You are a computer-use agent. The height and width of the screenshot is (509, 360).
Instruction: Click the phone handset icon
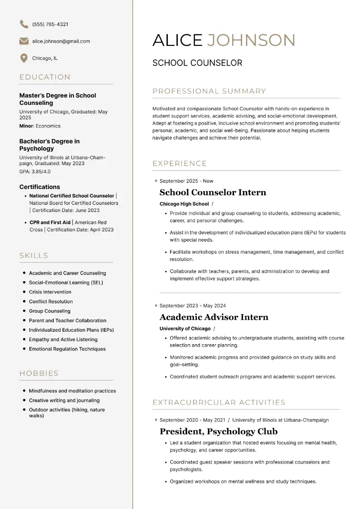point(24,24)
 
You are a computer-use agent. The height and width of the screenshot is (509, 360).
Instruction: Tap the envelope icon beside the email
point(24,41)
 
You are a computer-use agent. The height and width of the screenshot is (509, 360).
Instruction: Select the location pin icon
point(24,58)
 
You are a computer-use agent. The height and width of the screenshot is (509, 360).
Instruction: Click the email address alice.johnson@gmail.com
point(61,41)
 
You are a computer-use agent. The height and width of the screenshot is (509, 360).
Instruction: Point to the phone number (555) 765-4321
point(50,24)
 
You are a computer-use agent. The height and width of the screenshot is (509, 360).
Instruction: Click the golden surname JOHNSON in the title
point(251,40)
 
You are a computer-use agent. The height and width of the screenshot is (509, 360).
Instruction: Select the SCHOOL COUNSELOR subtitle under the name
point(197,63)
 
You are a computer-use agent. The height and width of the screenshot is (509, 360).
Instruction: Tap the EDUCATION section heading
point(45,77)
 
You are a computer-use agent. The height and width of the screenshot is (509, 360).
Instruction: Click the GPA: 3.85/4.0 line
point(35,171)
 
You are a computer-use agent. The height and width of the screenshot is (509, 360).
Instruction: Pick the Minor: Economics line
point(40,126)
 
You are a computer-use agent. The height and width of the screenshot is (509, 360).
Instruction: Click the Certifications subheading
point(40,187)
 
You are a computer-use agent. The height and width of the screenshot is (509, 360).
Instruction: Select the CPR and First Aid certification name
point(50,222)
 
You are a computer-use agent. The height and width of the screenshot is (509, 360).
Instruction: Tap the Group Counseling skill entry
point(49,311)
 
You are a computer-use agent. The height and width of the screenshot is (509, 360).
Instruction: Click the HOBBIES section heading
point(39,373)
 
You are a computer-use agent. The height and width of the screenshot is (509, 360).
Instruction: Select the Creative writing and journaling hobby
point(64,401)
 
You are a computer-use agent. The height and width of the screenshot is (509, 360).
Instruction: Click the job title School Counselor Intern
point(213,193)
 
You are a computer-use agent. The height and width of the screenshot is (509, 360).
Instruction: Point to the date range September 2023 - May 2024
point(193,306)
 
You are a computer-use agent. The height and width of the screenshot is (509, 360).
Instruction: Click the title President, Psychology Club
point(218,432)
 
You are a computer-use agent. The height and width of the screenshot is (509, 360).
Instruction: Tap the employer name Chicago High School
point(184,204)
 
